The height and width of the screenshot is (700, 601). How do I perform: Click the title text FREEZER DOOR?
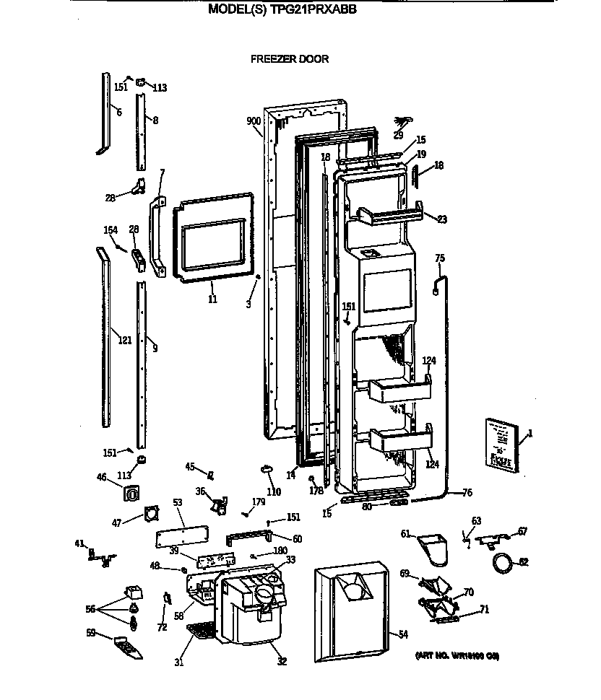pyautogui.click(x=289, y=59)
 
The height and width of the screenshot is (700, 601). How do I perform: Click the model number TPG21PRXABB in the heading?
pyautogui.click(x=313, y=9)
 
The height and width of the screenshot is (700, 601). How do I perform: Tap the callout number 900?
pyautogui.click(x=253, y=121)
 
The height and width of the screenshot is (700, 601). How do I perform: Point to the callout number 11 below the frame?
pyautogui.click(x=212, y=299)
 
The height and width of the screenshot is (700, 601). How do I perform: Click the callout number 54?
pyautogui.click(x=403, y=634)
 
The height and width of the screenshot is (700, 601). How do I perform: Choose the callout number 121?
pyautogui.click(x=125, y=340)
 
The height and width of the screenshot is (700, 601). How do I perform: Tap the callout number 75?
pyautogui.click(x=440, y=258)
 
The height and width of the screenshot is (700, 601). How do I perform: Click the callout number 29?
pyautogui.click(x=398, y=135)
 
